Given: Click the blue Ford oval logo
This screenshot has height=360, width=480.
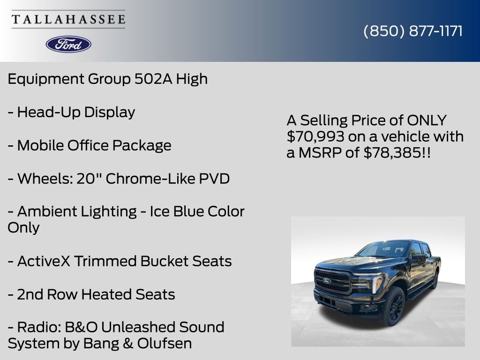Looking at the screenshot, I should coord(68,44).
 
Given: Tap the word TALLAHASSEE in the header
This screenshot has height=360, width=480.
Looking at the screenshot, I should coord(68,19).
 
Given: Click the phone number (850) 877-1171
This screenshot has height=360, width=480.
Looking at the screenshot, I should coord(413,31).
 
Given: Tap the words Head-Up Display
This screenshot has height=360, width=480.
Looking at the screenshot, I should coord(76,112).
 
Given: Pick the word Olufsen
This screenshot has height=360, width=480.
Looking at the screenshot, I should coord(165,343).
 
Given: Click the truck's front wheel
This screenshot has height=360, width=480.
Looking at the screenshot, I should coord(393,307).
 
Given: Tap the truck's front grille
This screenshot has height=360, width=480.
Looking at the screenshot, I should coord(333,281).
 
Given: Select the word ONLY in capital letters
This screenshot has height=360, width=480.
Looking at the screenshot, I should coord(427,120).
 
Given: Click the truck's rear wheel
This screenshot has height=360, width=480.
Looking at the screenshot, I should coord(435,280).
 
